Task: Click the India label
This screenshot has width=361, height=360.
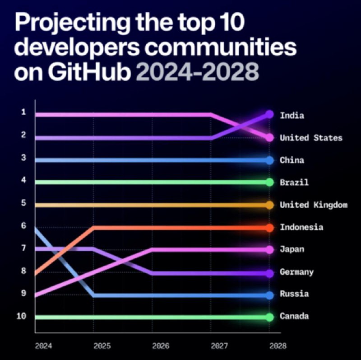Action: point(292,115)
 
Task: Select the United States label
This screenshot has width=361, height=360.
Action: point(311,138)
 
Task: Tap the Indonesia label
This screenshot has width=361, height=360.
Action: point(301,227)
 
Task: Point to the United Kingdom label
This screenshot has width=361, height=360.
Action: point(314,205)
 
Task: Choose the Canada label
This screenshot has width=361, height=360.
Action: point(294,316)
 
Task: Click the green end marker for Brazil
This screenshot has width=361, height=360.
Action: point(269,182)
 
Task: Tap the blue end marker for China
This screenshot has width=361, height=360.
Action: point(269,160)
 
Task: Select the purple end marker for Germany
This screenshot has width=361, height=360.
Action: point(269,273)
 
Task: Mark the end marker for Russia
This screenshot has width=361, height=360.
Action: point(269,295)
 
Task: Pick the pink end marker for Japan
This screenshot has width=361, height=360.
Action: point(269,250)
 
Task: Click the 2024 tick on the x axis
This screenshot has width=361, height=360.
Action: point(43,346)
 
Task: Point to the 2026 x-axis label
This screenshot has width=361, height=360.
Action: point(161,346)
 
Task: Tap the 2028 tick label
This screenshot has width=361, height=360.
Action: point(278,346)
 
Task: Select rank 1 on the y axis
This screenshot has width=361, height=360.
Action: point(23,112)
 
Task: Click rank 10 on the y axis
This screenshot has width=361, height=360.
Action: point(21,316)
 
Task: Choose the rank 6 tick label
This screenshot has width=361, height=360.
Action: point(23,226)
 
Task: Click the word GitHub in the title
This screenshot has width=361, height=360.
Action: point(89,71)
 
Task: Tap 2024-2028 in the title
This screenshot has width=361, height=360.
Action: point(198,72)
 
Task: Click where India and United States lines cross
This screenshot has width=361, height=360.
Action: point(240,126)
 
